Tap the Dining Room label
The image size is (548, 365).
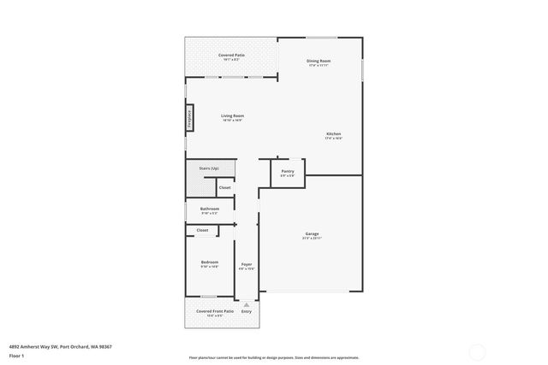click(319, 61)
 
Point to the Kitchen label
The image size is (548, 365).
click(333, 134)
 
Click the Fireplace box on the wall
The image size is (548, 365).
click(189, 119)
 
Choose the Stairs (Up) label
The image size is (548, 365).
click(209, 168)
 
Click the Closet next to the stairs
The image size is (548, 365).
click(224, 187)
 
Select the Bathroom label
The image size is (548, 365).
click(210, 209)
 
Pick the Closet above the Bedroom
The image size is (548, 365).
click(202, 230)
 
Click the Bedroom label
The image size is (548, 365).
click(210, 262)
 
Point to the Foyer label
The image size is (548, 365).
click(246, 264)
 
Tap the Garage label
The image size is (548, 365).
click(312, 233)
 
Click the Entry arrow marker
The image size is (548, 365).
click(247, 304)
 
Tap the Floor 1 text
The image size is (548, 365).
click(16, 355)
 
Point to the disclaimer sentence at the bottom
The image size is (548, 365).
click(274, 357)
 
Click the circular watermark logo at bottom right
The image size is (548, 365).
click(476, 350)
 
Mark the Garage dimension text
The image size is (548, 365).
click(312, 238)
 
